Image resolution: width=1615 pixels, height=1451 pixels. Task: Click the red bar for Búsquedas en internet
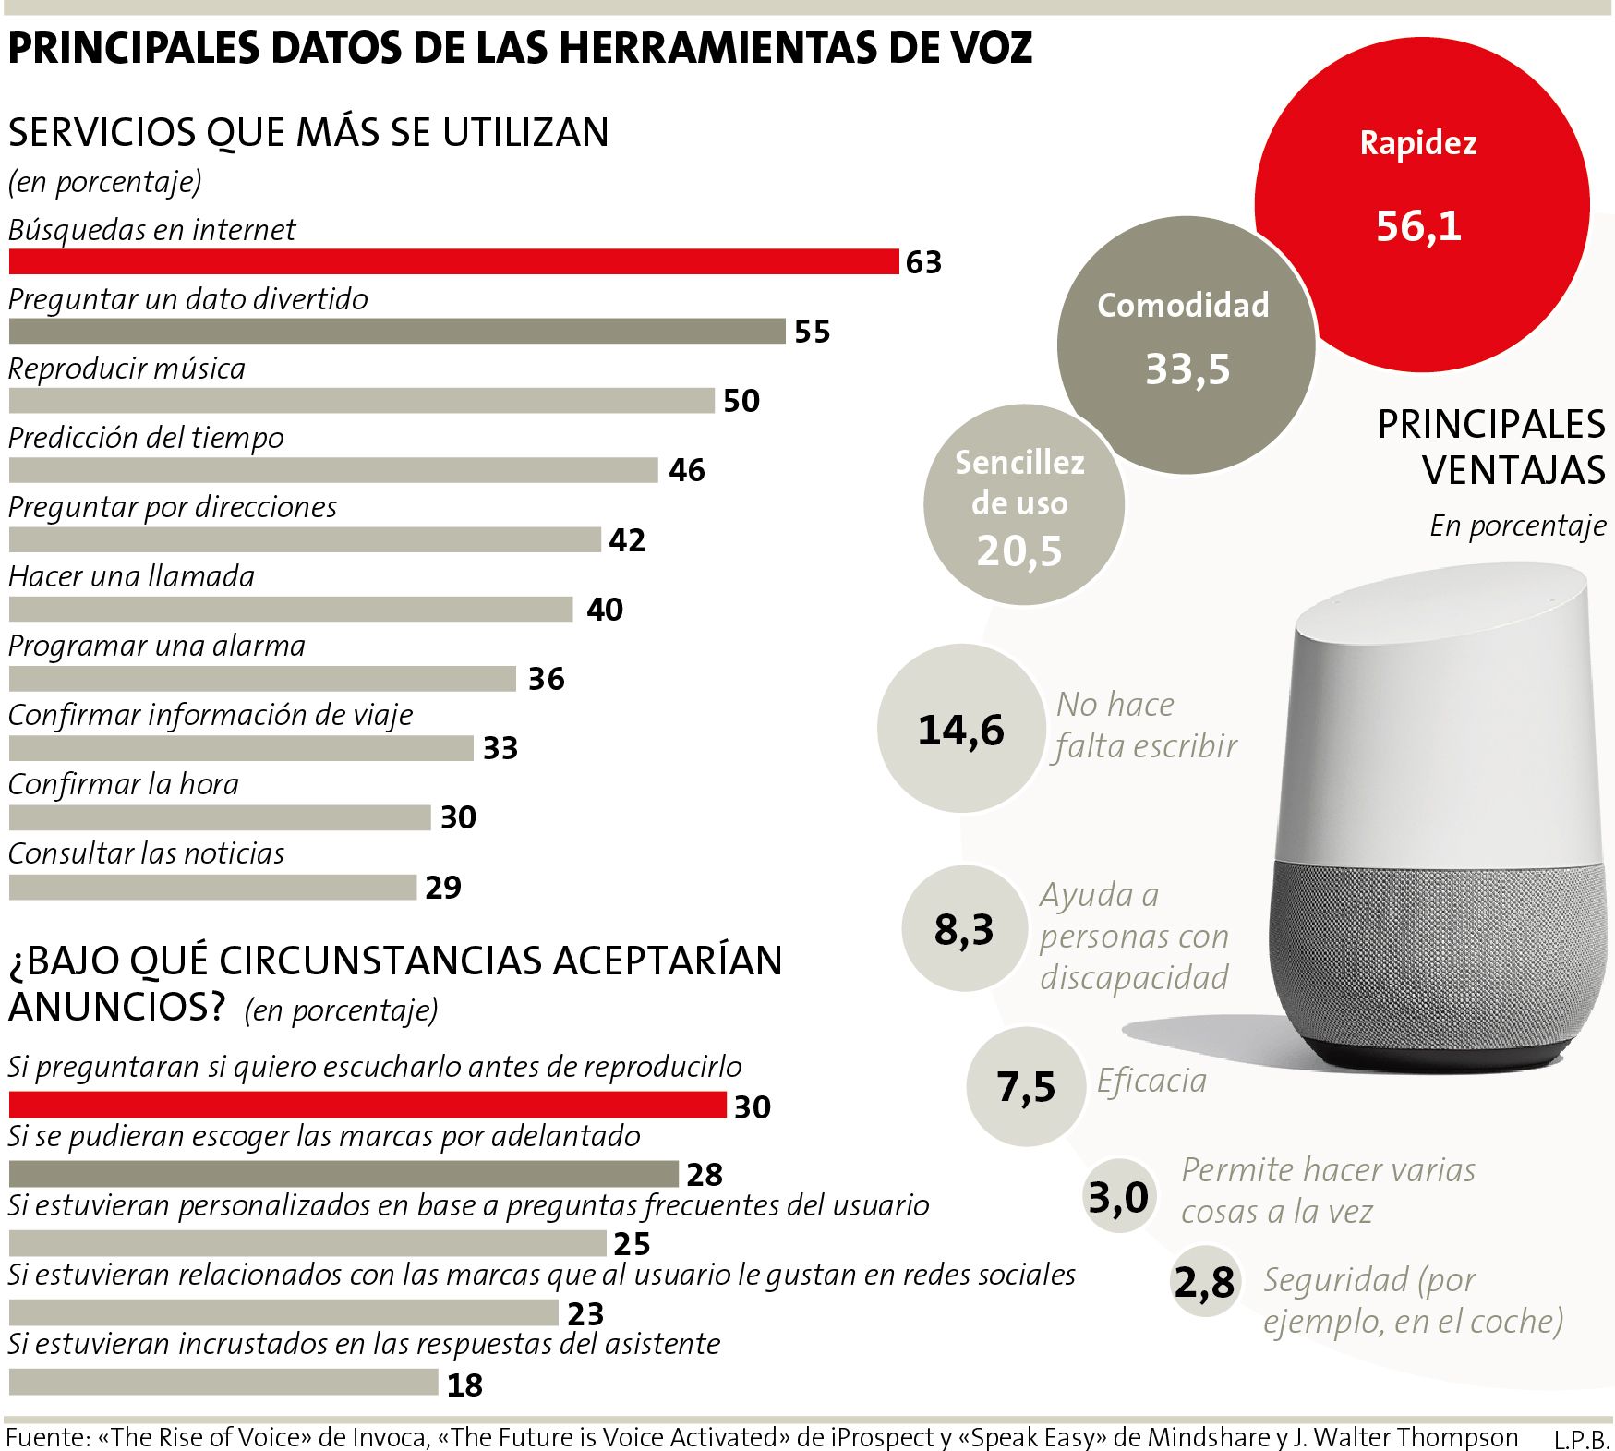point(452,261)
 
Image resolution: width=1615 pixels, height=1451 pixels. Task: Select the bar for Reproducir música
point(361,400)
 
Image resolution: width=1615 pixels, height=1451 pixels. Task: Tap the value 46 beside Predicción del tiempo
point(687,470)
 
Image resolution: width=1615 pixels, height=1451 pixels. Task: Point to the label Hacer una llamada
point(131,576)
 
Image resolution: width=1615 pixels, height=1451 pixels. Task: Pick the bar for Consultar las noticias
point(212,887)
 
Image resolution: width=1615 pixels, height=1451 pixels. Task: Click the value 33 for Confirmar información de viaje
point(500,747)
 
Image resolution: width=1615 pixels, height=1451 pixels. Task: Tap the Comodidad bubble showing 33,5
point(1186,344)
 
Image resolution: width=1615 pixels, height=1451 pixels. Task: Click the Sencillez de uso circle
point(1022,505)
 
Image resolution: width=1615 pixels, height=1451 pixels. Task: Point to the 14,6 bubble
point(960,729)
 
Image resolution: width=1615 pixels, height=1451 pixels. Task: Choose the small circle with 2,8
point(1204,1281)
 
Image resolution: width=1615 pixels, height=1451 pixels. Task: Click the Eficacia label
point(1151,1080)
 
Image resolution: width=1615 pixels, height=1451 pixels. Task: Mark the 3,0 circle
point(1118,1197)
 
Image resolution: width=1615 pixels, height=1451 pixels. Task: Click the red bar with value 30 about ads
point(368,1105)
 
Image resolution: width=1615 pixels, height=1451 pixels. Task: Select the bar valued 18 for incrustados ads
point(223,1382)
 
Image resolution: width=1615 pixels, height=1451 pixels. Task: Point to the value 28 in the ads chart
point(705,1174)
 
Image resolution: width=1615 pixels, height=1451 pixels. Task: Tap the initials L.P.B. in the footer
point(1581,1439)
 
